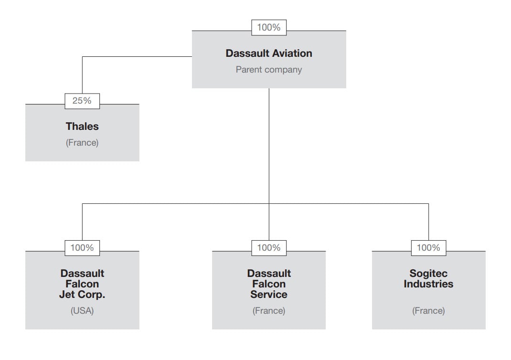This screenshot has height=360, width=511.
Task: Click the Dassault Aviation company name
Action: [x=269, y=53]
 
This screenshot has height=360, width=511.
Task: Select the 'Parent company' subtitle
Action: [x=269, y=70]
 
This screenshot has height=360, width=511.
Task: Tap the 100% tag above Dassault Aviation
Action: [x=269, y=28]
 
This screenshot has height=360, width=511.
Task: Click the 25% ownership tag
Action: [x=82, y=101]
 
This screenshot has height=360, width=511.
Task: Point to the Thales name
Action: [x=82, y=127]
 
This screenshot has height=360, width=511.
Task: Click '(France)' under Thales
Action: [x=82, y=143]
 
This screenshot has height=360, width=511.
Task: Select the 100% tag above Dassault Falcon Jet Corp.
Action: [x=82, y=248]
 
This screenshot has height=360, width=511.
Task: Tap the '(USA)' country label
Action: [x=82, y=311]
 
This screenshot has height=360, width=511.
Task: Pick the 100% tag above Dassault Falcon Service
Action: [x=269, y=248]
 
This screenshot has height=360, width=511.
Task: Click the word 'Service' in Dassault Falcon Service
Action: [x=269, y=295]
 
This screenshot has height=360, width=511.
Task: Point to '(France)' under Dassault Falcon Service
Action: [x=269, y=311]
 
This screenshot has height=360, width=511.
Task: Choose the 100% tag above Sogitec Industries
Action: [x=428, y=248]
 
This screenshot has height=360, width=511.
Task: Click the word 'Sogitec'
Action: [x=428, y=274]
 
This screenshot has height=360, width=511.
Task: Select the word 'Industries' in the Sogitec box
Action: [x=428, y=284]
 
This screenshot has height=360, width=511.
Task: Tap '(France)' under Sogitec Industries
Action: [x=428, y=311]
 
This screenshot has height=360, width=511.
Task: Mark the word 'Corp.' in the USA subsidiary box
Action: [x=94, y=295]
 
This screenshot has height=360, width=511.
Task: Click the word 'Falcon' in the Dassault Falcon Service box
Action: [x=269, y=284]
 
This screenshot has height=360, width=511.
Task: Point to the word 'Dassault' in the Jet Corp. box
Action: [x=82, y=274]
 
